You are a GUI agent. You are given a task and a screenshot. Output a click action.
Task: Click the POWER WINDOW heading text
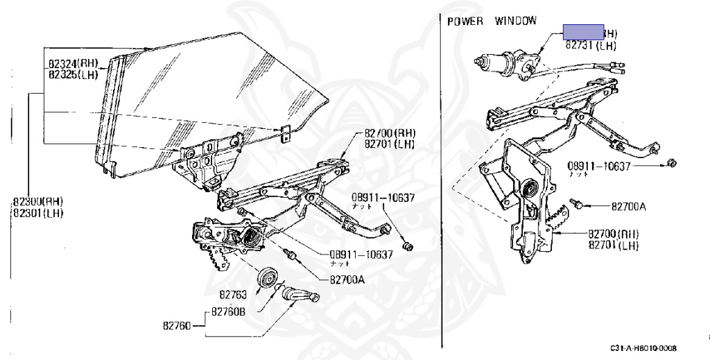492,22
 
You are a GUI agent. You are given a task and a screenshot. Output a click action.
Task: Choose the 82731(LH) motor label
591,45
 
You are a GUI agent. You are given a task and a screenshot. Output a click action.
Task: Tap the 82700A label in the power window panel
629,206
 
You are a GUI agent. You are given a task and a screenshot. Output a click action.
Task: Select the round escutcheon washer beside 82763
267,277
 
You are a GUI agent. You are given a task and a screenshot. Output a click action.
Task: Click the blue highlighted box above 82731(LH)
583,32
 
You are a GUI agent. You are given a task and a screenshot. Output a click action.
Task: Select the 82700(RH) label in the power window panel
614,234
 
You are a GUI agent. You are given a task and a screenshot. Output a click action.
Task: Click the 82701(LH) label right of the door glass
389,144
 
